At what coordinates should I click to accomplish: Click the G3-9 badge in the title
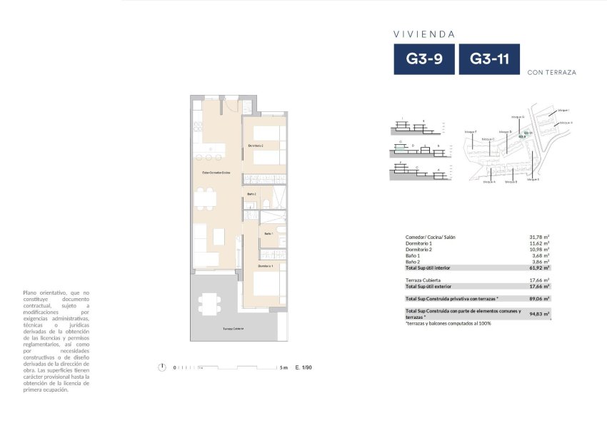point(425,59)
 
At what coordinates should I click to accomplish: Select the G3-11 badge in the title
point(489,59)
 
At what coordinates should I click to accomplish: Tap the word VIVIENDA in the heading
point(424,34)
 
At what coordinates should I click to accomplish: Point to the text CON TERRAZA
point(551,72)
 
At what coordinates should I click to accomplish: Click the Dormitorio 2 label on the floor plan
point(256,146)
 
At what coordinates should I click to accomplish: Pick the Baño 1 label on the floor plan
point(269,234)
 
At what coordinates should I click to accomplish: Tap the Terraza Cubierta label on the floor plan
point(233,328)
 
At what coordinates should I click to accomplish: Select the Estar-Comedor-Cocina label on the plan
point(216,173)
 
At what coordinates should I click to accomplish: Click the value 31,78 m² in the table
point(538,237)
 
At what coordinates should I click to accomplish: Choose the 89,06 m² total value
point(538,298)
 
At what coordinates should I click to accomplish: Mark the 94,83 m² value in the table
point(538,314)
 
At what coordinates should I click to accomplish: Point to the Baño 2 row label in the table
point(413,262)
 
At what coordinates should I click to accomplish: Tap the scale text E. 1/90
point(304,367)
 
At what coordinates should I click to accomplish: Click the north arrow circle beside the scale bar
point(163,367)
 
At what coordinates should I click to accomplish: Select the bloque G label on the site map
point(518,116)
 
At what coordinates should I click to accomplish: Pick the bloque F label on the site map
point(469,132)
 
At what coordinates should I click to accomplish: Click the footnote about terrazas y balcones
point(448,323)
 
